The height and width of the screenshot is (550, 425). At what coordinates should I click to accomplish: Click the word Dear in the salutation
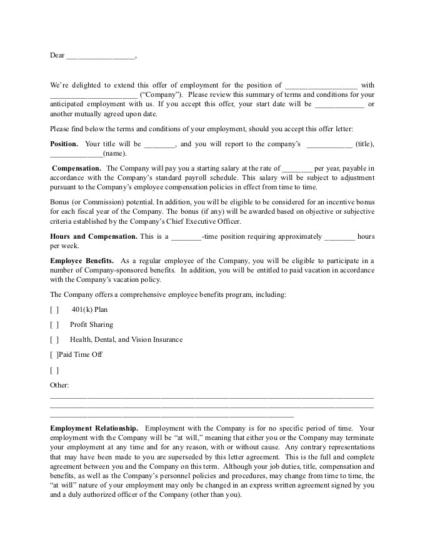click(x=57, y=55)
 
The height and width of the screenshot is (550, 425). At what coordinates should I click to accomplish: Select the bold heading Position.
click(x=64, y=144)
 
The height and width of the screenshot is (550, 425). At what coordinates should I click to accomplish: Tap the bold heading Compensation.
click(x=76, y=168)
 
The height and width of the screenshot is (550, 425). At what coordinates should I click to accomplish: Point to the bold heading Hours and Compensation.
click(x=94, y=236)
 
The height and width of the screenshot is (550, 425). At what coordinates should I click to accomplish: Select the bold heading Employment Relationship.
click(x=94, y=428)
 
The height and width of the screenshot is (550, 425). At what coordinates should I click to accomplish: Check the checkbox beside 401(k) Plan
click(x=54, y=309)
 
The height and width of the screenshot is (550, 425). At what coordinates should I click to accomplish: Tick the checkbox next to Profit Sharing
click(x=54, y=324)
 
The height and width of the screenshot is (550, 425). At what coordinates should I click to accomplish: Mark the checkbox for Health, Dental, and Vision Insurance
click(x=54, y=339)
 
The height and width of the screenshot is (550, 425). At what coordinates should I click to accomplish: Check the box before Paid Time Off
click(x=54, y=354)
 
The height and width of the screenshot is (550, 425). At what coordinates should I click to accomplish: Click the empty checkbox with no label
click(x=54, y=370)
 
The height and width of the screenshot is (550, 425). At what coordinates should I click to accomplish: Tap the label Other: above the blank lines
click(x=59, y=384)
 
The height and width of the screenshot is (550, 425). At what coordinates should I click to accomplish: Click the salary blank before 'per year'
click(x=297, y=169)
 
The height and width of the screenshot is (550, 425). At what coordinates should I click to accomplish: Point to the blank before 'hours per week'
click(x=340, y=237)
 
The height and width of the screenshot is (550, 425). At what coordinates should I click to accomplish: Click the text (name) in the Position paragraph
click(x=114, y=153)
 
